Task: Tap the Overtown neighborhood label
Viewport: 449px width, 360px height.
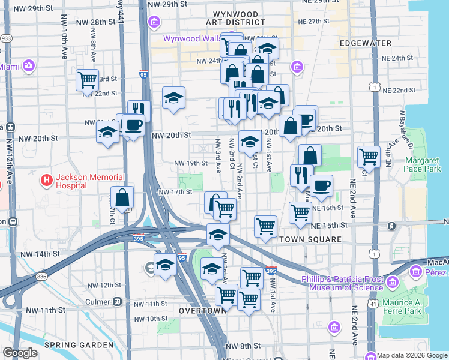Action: click(202, 311)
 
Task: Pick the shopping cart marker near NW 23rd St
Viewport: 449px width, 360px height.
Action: click(88, 79)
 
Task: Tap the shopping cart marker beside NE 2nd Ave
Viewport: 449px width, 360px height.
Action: click(369, 157)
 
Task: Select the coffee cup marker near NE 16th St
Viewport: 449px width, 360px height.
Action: click(321, 185)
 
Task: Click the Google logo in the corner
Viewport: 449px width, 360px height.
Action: click(20, 352)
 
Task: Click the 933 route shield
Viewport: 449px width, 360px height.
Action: click(6, 38)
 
